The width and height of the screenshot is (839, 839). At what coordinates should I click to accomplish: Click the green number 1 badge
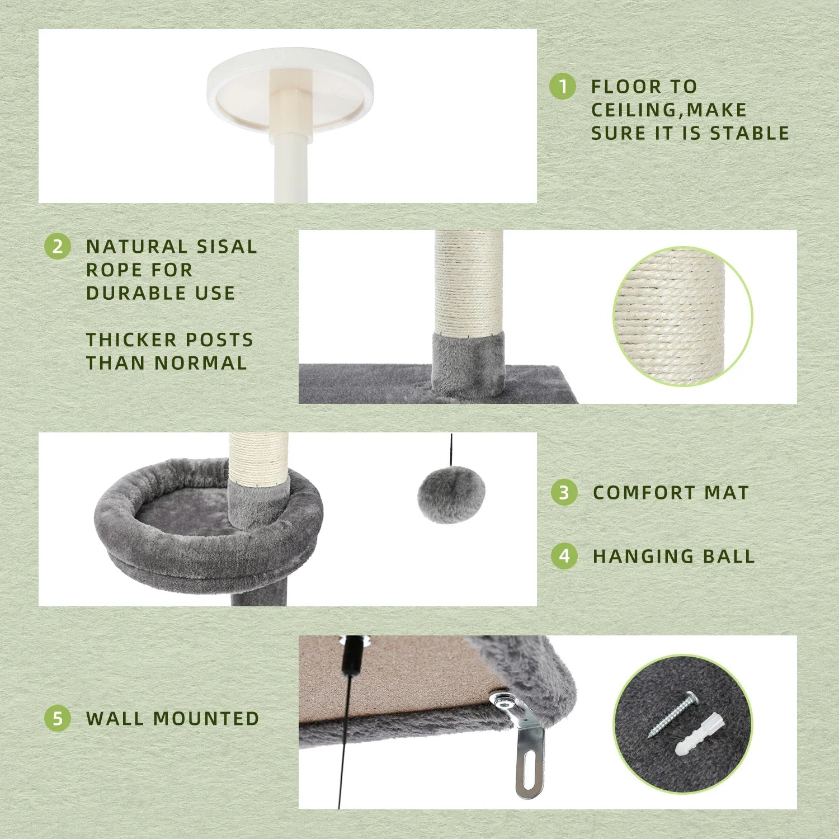562,87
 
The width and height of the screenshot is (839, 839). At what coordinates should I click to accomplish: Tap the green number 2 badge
58,247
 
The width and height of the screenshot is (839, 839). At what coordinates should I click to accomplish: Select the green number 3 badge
564,492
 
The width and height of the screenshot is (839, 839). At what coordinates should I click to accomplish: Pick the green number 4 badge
564,556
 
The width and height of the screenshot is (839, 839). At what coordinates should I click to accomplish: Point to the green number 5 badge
58,718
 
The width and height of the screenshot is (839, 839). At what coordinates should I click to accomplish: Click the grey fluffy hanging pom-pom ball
451,494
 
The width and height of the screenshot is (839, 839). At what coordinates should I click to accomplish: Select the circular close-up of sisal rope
682,317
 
